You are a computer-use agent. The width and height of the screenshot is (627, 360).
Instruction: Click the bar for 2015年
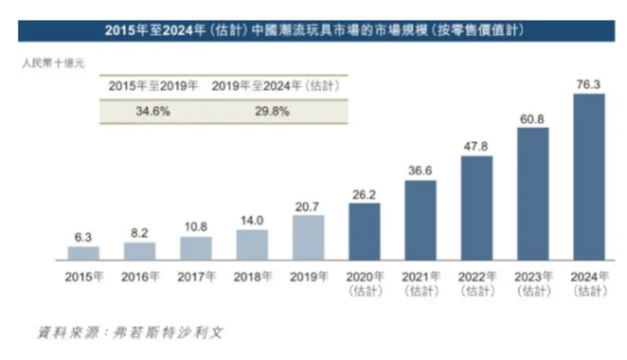pos(84,253)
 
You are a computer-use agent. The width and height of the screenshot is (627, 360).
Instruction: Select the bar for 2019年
pos(308,237)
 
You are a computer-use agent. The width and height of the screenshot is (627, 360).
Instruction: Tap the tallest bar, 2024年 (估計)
pos(589,177)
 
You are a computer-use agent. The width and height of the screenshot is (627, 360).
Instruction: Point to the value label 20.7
pos(308,206)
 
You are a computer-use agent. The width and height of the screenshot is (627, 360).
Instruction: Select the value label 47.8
pos(476,146)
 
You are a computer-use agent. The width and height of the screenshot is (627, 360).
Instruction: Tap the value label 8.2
pos(140,233)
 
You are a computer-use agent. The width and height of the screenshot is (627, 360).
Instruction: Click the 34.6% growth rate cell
pos(153,111)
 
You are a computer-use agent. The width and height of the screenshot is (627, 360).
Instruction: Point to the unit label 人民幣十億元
pos(53,63)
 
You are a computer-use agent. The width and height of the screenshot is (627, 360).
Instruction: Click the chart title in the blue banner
pos(316,31)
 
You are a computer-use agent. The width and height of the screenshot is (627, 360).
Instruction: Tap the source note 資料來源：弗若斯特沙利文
pos(130,333)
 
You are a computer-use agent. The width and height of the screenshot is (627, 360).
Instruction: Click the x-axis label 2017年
pos(196,277)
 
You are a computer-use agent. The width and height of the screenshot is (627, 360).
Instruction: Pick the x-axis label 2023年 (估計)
pos(533,283)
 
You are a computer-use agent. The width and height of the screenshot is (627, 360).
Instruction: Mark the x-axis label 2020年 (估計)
pos(365,283)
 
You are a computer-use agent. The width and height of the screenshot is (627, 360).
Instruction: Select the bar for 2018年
pos(252,244)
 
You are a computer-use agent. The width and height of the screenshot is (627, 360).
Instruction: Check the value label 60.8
pos(532,118)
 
